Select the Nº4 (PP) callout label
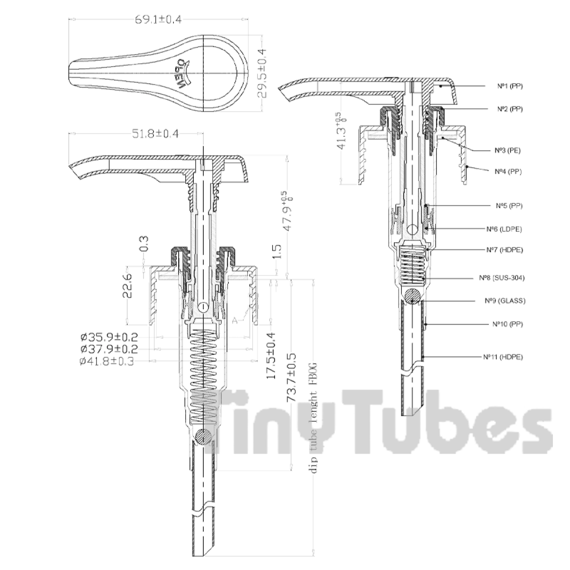point(508,171)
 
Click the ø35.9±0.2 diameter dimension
point(109,338)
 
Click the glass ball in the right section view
point(413,295)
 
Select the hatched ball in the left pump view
point(203,436)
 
